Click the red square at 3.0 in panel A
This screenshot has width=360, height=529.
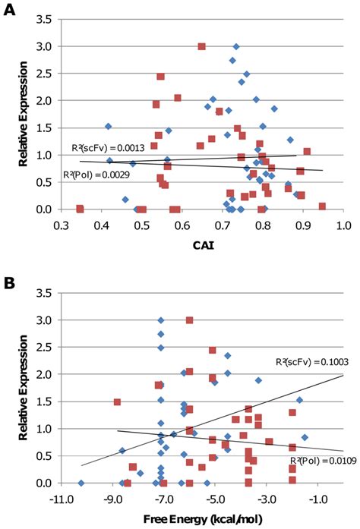click(202, 46)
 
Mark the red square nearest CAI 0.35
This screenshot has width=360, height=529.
click(80, 209)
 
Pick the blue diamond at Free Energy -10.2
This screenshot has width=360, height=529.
click(81, 483)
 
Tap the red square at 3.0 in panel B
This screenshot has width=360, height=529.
click(189, 320)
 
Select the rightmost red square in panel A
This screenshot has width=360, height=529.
click(323, 206)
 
